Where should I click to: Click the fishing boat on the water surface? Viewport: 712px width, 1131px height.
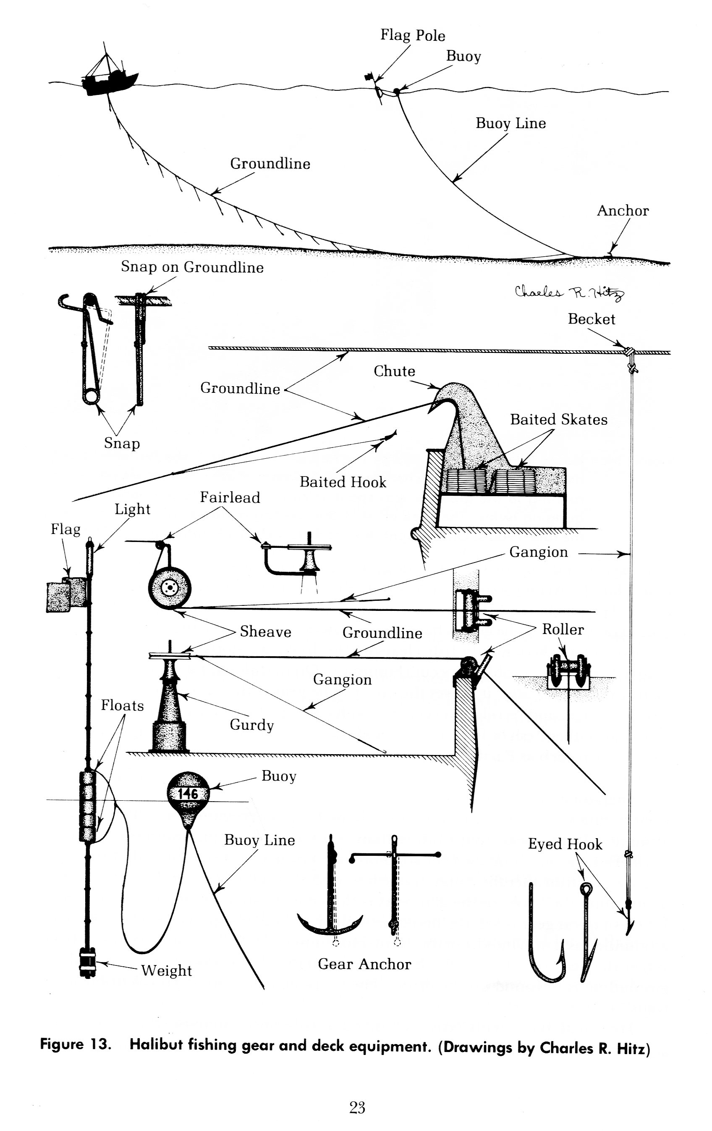109,81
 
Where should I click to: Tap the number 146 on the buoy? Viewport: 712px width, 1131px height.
187,794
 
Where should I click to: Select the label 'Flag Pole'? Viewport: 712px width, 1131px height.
412,35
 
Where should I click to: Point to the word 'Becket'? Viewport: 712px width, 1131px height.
591,319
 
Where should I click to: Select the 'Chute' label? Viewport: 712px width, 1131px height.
394,371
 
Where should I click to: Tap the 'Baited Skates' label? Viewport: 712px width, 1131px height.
558,419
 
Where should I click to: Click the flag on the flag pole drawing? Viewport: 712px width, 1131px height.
66,596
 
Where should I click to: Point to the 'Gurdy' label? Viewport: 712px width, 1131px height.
251,725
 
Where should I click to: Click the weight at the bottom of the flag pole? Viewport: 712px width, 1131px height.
88,962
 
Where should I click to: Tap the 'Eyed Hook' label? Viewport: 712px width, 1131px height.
565,844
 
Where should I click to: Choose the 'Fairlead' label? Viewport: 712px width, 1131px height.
230,497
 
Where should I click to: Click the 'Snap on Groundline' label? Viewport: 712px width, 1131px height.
192,267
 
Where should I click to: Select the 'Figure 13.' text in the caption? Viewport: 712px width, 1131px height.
76,1044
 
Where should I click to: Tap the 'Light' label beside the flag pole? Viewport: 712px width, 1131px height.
132,509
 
